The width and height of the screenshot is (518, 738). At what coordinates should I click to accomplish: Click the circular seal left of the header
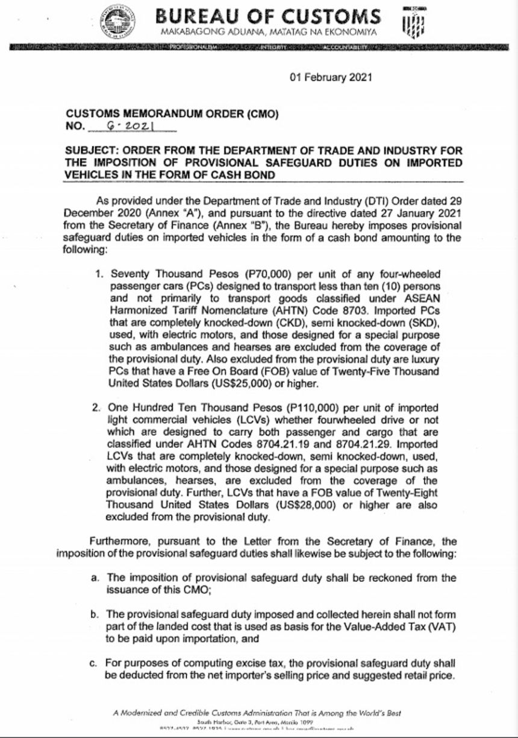(117, 21)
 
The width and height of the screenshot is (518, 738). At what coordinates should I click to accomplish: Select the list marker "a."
(95, 578)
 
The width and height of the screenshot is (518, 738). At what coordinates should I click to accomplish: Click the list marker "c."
(94, 664)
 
